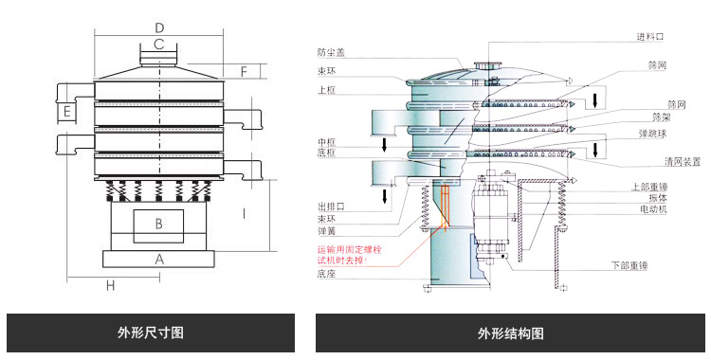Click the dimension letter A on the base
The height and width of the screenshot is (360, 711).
click(x=159, y=258)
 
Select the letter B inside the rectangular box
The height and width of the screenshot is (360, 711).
click(x=159, y=224)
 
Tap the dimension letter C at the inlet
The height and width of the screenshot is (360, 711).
click(x=159, y=45)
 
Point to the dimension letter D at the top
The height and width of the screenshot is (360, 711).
click(x=159, y=27)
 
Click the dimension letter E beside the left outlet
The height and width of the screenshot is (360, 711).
click(x=67, y=113)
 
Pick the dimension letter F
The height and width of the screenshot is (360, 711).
click(x=244, y=71)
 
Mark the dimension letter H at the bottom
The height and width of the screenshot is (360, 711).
click(x=110, y=285)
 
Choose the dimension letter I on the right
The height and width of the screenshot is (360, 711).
click(x=244, y=213)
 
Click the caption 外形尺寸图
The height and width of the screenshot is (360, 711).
click(x=150, y=333)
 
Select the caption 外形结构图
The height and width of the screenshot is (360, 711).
click(x=511, y=333)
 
